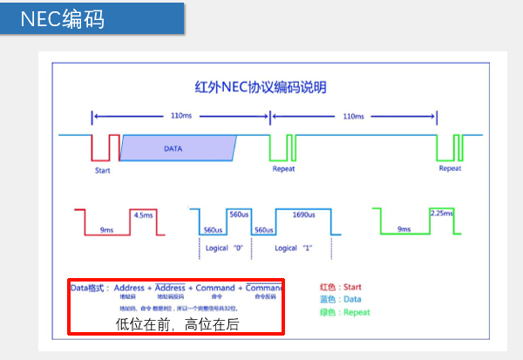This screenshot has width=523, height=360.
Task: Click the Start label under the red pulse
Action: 103,170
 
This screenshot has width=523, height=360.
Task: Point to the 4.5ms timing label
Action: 142,214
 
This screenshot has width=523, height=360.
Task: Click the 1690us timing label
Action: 303,214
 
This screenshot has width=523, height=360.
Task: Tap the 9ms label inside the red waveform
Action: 106,229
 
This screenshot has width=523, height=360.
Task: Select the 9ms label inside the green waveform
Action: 404,229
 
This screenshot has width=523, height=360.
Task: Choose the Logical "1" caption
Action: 294,248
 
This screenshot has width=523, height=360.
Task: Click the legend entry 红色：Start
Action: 342,287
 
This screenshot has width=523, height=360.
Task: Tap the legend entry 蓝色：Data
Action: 341,298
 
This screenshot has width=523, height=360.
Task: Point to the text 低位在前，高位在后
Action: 177,324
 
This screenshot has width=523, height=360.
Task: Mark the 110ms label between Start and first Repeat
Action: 181,115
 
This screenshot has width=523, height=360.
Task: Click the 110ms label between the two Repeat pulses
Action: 353,115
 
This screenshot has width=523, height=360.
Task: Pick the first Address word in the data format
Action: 129,288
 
